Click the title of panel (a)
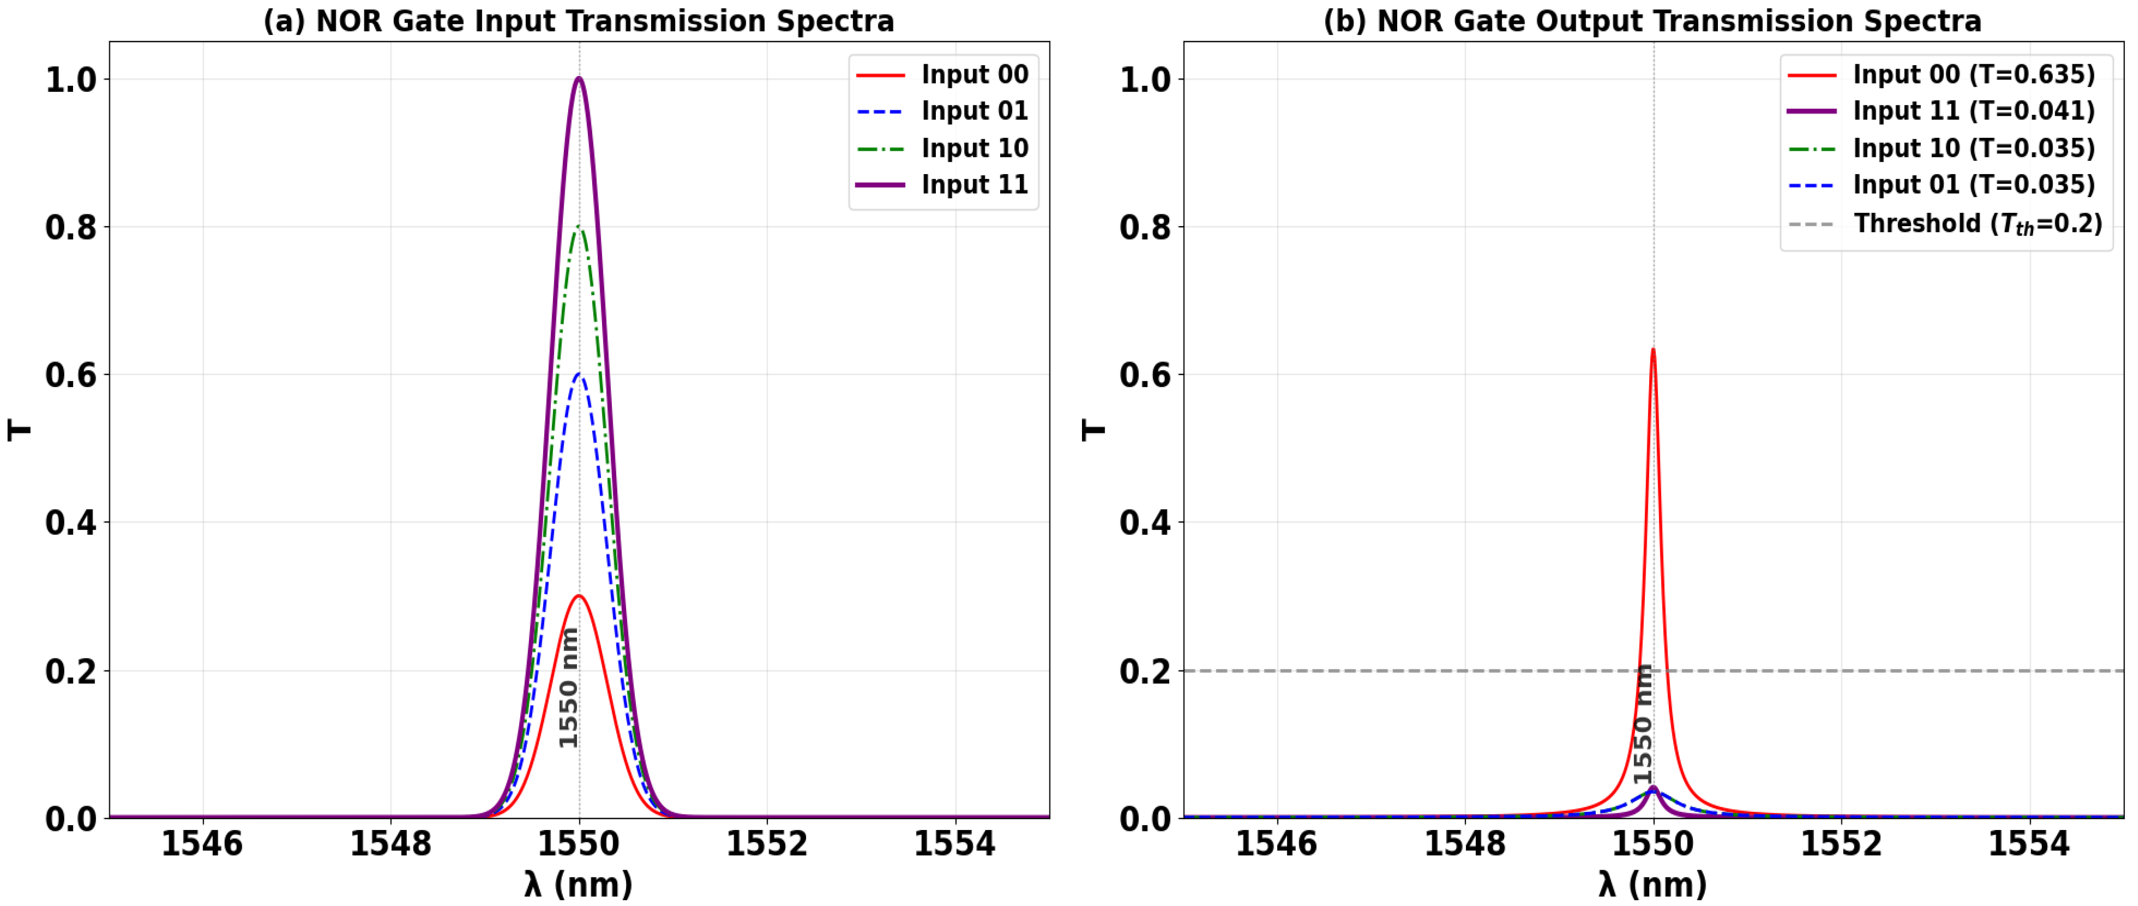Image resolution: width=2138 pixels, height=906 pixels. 579,21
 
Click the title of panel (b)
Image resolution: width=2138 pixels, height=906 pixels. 1652,21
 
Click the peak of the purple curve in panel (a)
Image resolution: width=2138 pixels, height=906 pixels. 579,79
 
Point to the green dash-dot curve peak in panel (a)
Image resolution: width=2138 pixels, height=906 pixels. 579,227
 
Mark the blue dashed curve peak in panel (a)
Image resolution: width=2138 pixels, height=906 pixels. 579,375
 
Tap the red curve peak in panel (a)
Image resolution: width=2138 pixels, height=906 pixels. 579,596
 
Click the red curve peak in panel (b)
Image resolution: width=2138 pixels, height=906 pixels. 1653,350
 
